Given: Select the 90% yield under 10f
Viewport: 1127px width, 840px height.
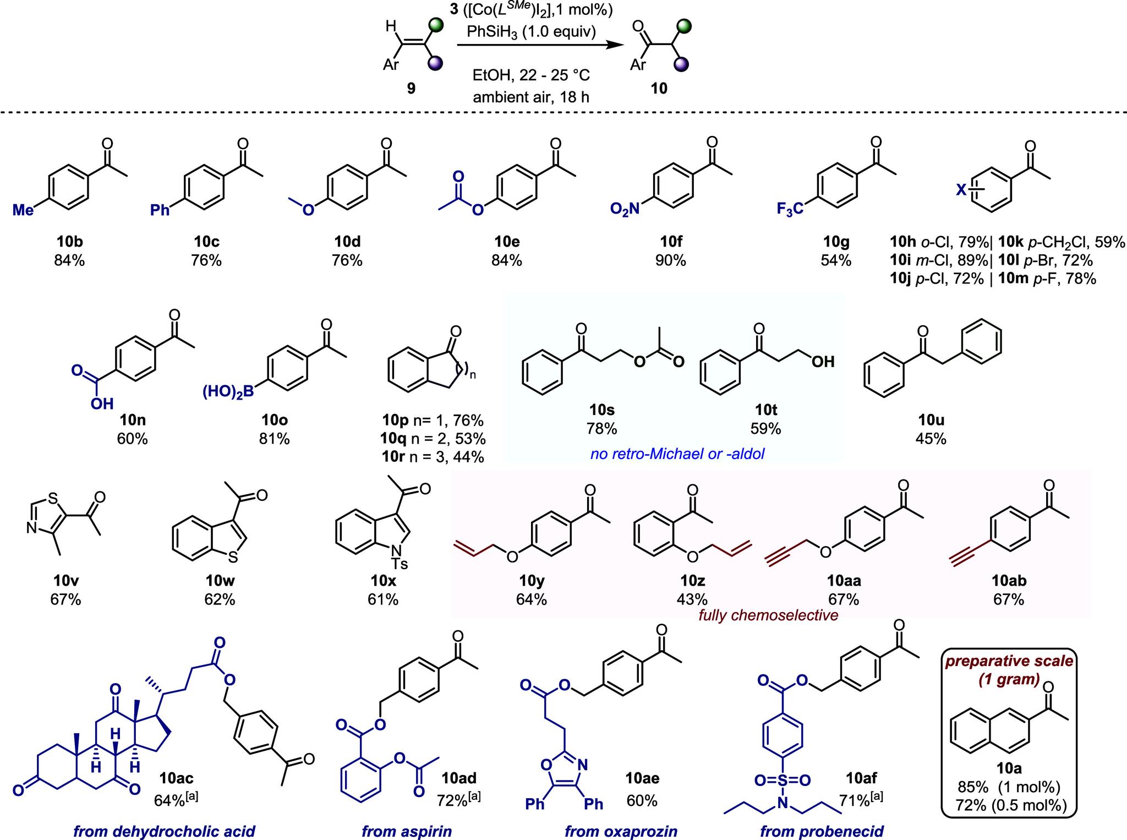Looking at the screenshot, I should click(670, 260).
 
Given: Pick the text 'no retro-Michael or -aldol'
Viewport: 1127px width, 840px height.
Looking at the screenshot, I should click(677, 455).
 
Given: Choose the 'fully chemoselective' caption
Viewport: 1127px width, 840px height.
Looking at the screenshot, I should click(768, 615).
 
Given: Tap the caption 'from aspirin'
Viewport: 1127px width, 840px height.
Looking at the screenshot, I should click(407, 831).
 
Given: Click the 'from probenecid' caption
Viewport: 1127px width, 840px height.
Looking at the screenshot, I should click(822, 831).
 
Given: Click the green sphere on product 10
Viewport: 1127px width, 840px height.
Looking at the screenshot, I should click(683, 26).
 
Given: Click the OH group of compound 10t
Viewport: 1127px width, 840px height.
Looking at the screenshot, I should click(823, 362).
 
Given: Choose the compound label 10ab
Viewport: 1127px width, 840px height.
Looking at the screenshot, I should click(1009, 580).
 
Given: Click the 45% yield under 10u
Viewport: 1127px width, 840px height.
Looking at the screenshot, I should click(931, 439).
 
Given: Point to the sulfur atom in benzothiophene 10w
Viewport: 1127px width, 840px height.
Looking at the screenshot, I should click(233, 557).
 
